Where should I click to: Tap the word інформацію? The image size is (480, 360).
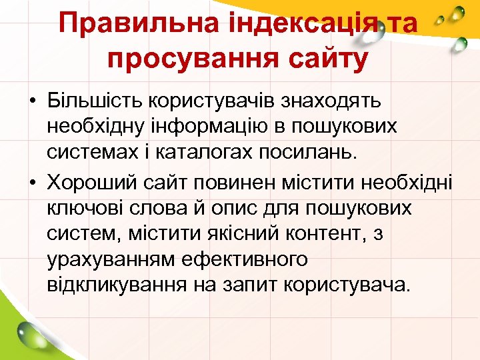(215, 127)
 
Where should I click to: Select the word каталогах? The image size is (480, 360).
(204, 152)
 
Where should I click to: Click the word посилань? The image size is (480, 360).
(315, 152)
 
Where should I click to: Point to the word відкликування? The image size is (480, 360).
(117, 285)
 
